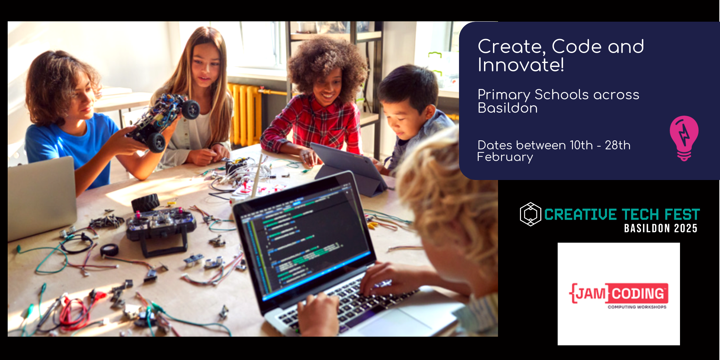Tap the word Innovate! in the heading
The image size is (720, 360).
[x=521, y=65]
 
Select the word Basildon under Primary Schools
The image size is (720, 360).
[x=508, y=108]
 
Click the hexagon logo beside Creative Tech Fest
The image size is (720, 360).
[x=530, y=214]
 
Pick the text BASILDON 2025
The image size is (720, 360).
[x=661, y=228]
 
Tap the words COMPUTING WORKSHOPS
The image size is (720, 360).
[x=637, y=307]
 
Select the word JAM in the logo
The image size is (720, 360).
[x=591, y=293]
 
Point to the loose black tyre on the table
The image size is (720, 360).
[x=146, y=201]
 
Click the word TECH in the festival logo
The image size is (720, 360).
[x=641, y=214]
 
